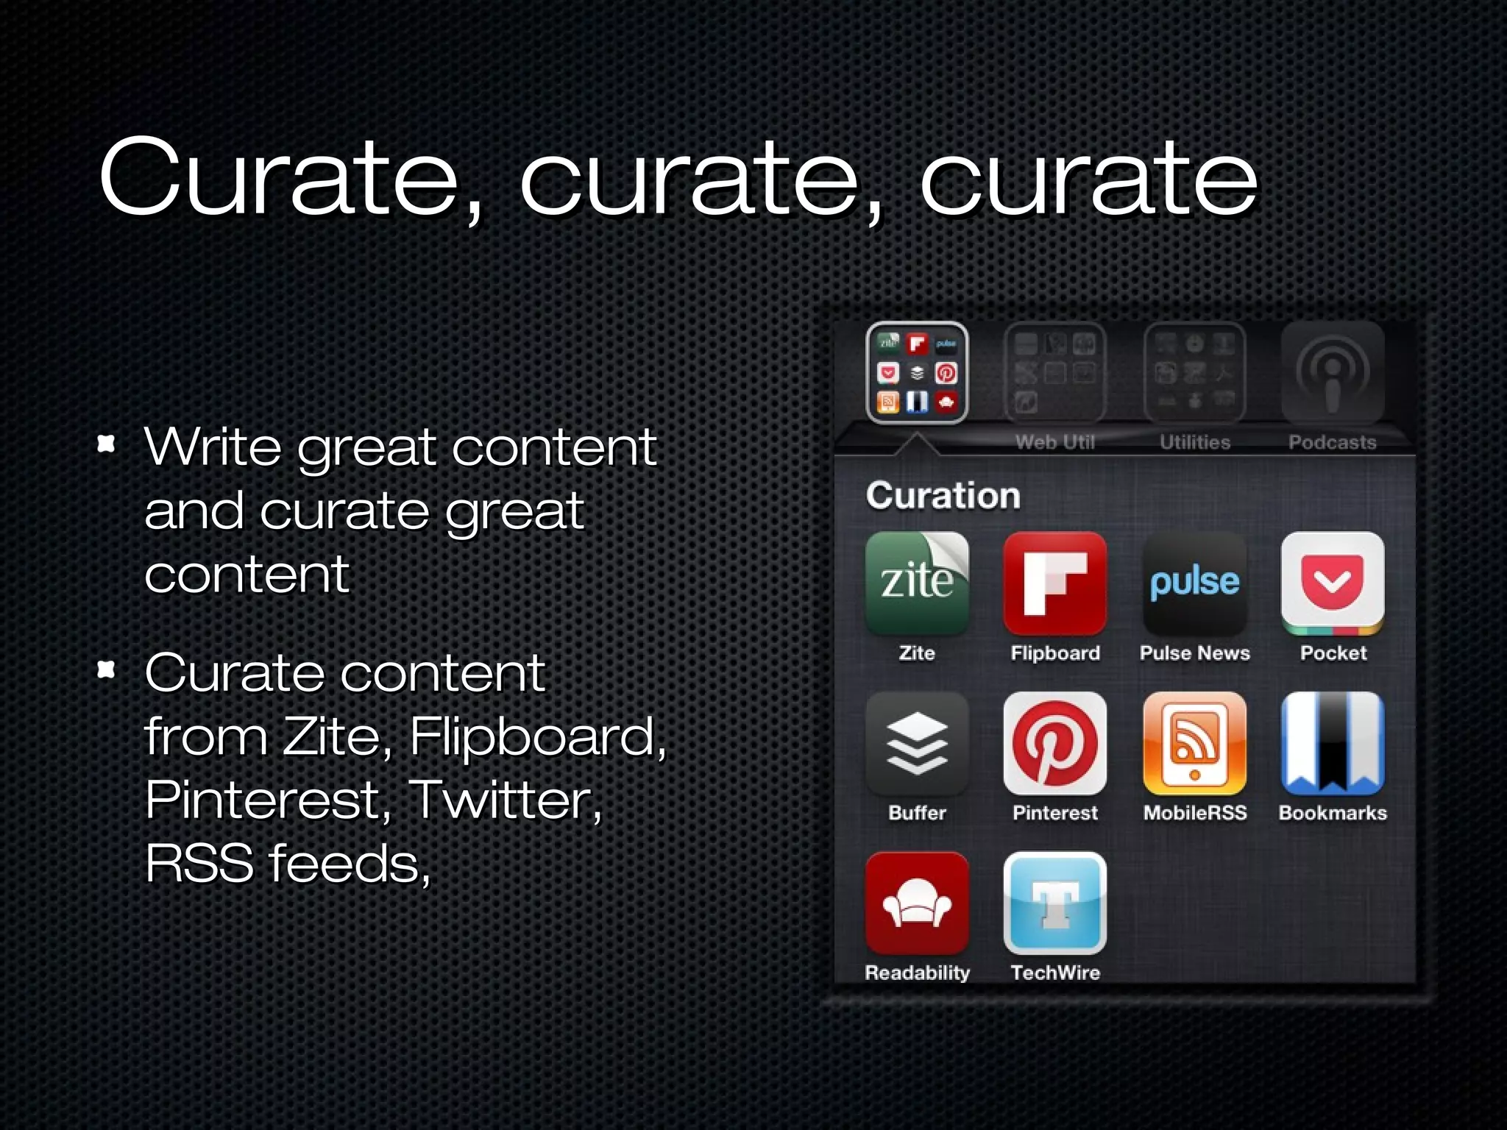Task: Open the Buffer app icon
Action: coord(917,744)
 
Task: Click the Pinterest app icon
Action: coord(1054,744)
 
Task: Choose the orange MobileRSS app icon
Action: coord(1194,744)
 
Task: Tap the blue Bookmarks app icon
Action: coord(1333,744)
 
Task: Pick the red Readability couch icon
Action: coord(917,903)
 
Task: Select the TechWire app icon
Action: coord(1054,903)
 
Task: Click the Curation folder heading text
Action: coord(943,495)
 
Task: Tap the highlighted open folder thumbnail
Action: coord(917,373)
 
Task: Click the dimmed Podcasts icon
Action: coord(1333,373)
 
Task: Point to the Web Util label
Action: coord(1054,442)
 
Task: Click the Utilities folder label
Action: coord(1194,442)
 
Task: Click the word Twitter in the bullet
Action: coord(505,800)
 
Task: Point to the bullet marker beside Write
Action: coord(107,444)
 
